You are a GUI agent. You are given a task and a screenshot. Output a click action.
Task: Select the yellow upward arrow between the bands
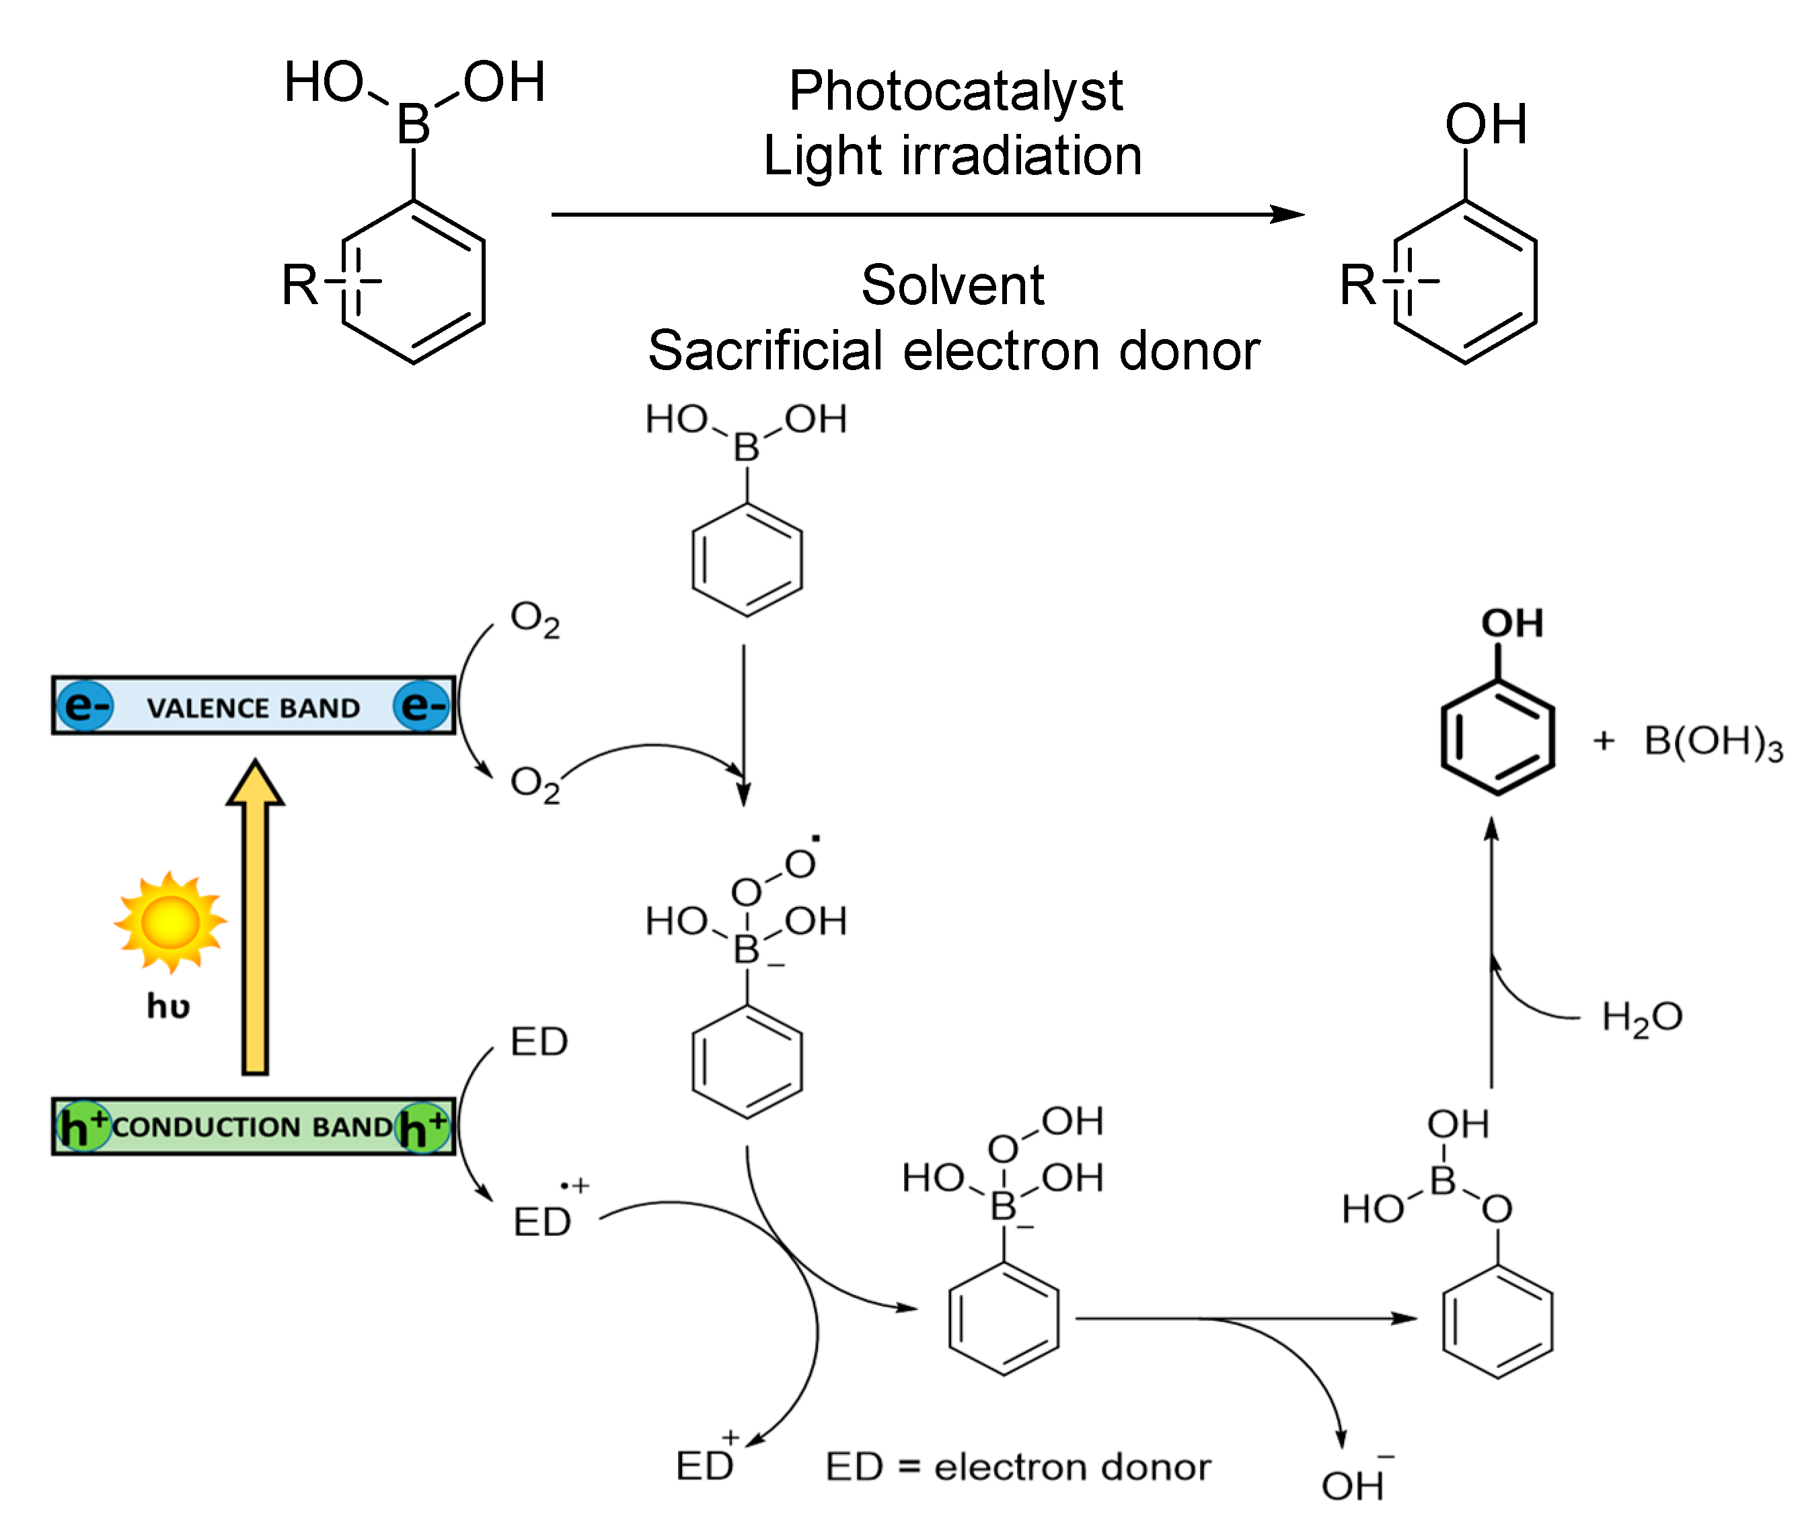pos(255,919)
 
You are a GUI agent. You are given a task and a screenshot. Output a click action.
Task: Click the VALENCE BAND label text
pos(252,708)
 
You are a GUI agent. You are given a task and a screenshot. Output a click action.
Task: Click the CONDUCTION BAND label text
pos(252,1127)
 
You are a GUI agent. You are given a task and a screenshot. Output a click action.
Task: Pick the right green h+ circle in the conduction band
pos(422,1127)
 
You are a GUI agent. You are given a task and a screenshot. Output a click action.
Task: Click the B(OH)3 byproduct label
pos(1713,742)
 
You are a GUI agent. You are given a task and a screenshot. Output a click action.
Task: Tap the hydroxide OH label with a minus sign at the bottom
pos(1354,1486)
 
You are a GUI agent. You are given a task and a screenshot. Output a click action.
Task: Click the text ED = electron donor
pos(1017,1467)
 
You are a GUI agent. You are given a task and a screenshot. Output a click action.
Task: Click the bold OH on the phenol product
pos(1511,623)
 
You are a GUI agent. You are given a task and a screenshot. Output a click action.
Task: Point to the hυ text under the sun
pos(168,1006)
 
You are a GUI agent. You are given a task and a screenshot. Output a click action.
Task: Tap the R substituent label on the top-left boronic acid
pos(300,285)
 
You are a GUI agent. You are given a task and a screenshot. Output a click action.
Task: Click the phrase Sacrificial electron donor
pos(953,351)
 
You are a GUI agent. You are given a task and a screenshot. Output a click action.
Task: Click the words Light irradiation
pos(952,156)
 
